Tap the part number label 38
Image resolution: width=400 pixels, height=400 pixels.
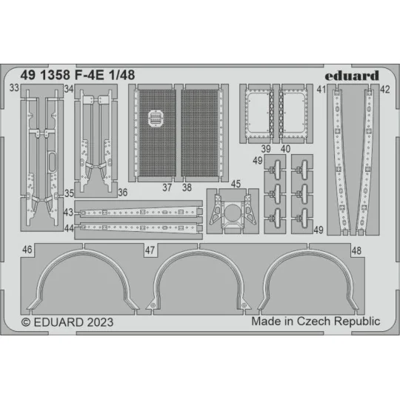187,188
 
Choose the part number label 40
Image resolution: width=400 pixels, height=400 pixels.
286,148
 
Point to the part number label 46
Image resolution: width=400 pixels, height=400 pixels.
27,251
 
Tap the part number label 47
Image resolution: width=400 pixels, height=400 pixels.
150,251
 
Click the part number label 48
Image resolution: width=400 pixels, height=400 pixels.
356,251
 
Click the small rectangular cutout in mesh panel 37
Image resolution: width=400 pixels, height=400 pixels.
156,117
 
